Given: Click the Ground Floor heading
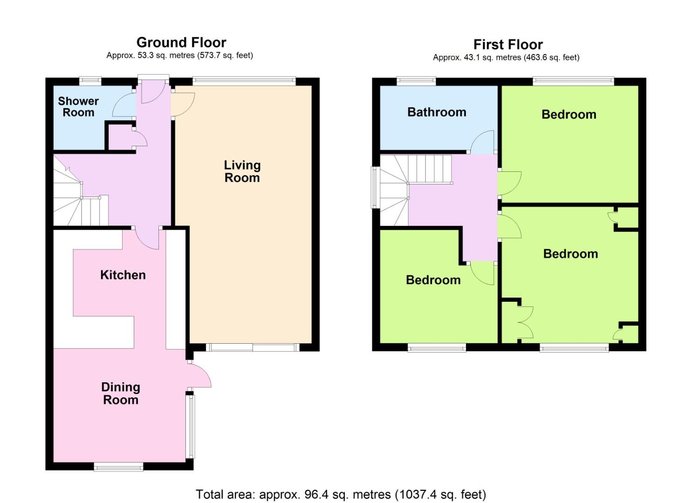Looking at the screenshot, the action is pyautogui.click(x=181, y=42).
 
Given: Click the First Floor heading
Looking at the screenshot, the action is pyautogui.click(x=508, y=44).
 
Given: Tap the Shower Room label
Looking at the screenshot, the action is pyautogui.click(x=78, y=107).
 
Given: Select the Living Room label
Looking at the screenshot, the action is pyautogui.click(x=242, y=171).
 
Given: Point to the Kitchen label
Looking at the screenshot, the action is pyautogui.click(x=123, y=275).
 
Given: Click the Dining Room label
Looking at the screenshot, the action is pyautogui.click(x=121, y=393).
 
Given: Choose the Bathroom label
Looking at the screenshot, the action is pyautogui.click(x=437, y=112).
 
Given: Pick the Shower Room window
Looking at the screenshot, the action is pyautogui.click(x=90, y=81).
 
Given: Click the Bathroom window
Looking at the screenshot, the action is pyautogui.click(x=416, y=81).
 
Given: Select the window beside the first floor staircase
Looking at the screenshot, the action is pyautogui.click(x=376, y=187).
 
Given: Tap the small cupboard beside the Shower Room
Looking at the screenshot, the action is pyautogui.click(x=121, y=137).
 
